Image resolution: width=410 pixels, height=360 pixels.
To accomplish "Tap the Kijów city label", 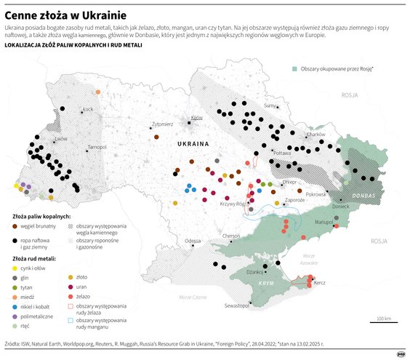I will (196, 117).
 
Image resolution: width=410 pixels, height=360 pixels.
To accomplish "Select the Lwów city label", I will (60, 137).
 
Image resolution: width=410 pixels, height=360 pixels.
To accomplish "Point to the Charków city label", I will (315, 135).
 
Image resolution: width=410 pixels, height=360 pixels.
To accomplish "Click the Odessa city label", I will (193, 240).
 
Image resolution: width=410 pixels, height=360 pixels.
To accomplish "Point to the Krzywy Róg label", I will (231, 204).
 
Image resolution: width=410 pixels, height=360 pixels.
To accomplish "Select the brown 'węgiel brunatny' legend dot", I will (17, 226).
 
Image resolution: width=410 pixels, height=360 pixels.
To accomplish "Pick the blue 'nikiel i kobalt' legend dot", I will (17, 307).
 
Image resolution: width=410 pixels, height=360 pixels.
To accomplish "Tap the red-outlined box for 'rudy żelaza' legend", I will (71, 307).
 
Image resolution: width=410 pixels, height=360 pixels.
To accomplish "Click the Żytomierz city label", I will (162, 124).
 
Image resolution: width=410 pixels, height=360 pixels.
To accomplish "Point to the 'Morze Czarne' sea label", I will (193, 298).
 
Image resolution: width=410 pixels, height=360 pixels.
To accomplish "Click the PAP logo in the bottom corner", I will (399, 353).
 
